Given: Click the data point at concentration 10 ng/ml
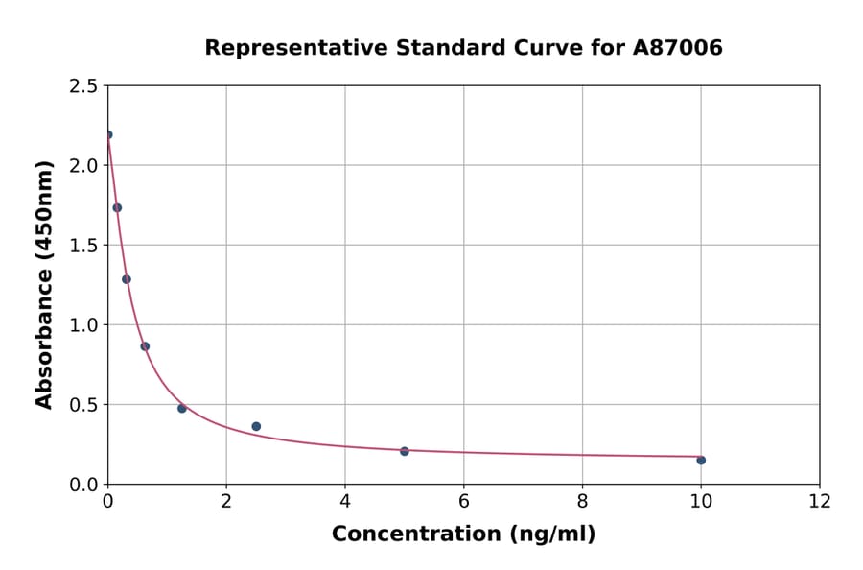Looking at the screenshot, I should coord(701,460).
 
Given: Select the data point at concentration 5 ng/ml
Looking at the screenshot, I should coord(405,451).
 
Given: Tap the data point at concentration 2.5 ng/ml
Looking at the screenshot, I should coord(256,426).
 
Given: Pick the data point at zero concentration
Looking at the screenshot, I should coord(108,134).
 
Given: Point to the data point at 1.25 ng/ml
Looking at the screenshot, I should coord(182,408).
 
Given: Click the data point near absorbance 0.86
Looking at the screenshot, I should coord(145,346).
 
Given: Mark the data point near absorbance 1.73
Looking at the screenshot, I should coord(117,207).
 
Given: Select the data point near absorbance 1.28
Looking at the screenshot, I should coord(127,279).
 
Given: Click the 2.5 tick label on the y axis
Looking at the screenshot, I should coord(83,86).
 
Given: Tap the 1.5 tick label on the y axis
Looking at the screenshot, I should coord(83,246).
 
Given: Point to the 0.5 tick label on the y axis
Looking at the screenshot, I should coord(83,405).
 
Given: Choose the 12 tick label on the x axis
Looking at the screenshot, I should coord(820,501).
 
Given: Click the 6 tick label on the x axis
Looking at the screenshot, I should coord(464,501).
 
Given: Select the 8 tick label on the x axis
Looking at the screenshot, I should coord(582,501).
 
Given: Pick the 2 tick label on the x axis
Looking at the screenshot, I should coord(226,501).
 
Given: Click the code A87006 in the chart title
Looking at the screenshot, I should coord(677,47).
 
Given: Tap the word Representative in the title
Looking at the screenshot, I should coord(279,47).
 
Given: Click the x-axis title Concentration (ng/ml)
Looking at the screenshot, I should coord(463,534).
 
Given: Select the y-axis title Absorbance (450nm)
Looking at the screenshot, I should coord(44,284).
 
